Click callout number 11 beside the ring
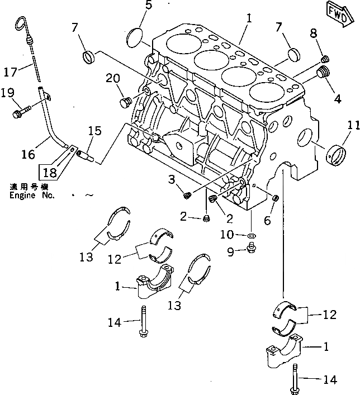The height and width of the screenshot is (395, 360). (x=350, y=126)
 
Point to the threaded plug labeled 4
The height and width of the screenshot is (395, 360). (x=323, y=72)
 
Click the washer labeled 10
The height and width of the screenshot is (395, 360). (x=250, y=237)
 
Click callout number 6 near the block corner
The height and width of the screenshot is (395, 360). (x=267, y=221)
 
